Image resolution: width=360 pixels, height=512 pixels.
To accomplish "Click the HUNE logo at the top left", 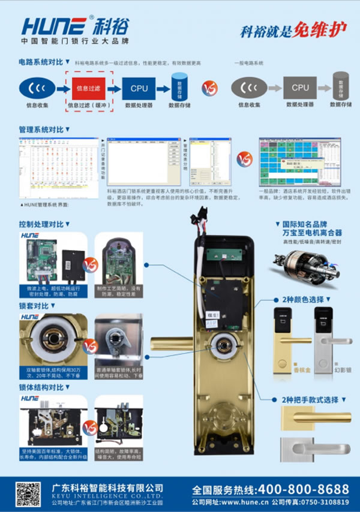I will (x=55, y=26).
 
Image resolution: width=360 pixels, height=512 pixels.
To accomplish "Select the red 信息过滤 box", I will (x=92, y=89).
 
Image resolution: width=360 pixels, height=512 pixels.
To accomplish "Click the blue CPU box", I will (x=139, y=89).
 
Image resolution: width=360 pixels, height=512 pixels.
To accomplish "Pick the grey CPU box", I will (x=300, y=88).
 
